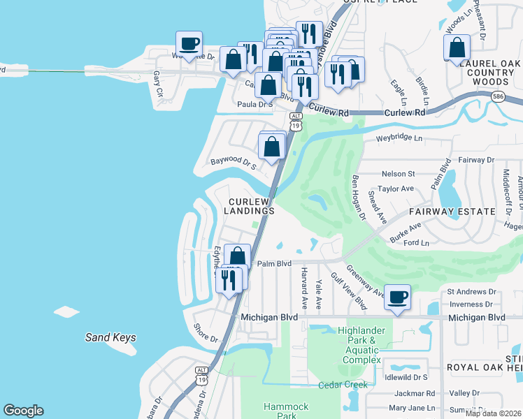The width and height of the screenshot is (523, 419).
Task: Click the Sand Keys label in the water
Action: (110, 338)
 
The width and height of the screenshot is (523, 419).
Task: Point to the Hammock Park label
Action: (285, 411)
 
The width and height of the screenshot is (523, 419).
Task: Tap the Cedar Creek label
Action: (343, 385)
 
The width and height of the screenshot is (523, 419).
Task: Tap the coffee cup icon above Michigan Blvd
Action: (397, 297)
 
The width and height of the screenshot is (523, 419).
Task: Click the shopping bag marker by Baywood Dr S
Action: (272, 147)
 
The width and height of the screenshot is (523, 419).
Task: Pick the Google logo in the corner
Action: (23, 411)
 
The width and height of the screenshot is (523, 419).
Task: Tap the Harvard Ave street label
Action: (304, 288)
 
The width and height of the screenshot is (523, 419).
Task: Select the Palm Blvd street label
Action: (273, 264)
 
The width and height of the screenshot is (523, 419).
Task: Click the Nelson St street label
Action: (398, 174)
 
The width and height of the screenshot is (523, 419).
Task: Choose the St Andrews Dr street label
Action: (471, 292)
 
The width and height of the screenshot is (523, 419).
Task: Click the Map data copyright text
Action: (494, 413)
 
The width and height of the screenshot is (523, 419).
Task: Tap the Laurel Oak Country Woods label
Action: (490, 72)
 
